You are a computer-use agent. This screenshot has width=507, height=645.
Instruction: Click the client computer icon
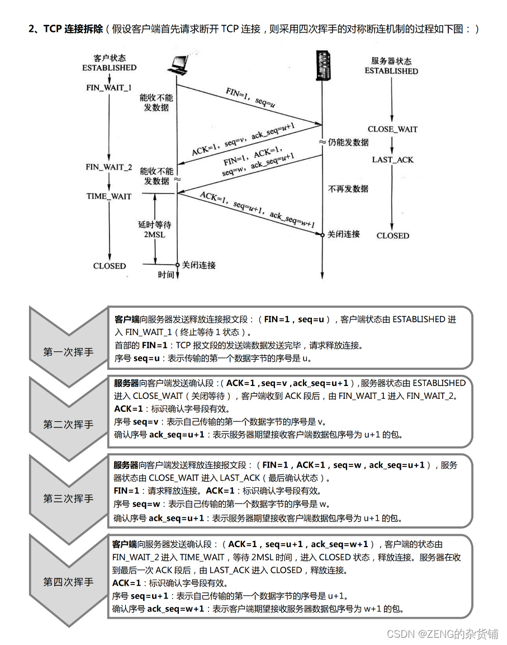[177, 68]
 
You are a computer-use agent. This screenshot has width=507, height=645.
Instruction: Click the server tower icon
[321, 64]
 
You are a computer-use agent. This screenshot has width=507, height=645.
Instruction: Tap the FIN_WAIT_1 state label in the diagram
[109, 88]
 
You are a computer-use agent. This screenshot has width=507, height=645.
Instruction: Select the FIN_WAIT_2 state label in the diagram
[109, 167]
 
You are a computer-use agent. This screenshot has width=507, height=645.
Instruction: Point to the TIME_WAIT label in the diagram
[109, 196]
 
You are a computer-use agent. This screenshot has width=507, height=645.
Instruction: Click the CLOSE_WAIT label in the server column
[392, 129]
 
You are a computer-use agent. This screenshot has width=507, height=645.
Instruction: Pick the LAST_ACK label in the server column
[392, 159]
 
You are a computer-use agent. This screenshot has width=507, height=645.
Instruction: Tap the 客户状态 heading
[109, 58]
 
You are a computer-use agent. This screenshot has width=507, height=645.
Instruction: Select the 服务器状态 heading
[391, 61]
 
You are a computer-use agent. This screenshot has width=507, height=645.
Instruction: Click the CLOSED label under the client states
[110, 266]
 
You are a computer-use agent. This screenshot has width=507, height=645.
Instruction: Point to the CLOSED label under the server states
[392, 236]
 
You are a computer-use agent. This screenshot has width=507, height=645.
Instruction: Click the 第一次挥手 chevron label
[68, 352]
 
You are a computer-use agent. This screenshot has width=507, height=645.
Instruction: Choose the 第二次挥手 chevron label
[68, 425]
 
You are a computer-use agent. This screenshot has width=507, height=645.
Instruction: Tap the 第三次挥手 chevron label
[68, 498]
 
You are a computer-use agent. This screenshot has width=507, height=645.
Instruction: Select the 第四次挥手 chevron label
[68, 582]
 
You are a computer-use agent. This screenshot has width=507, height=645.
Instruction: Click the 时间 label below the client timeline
[166, 275]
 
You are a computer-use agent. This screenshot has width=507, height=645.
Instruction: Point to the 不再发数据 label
[348, 189]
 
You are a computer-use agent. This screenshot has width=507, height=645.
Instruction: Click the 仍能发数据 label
[348, 142]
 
